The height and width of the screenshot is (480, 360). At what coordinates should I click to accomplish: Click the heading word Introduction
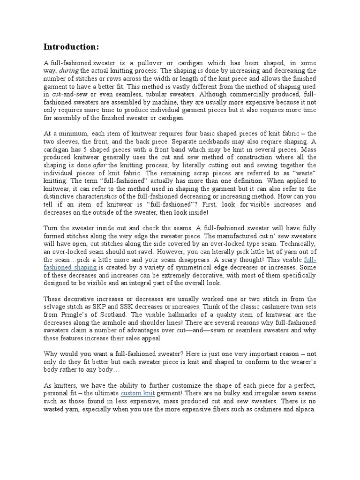click(x=71, y=46)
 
